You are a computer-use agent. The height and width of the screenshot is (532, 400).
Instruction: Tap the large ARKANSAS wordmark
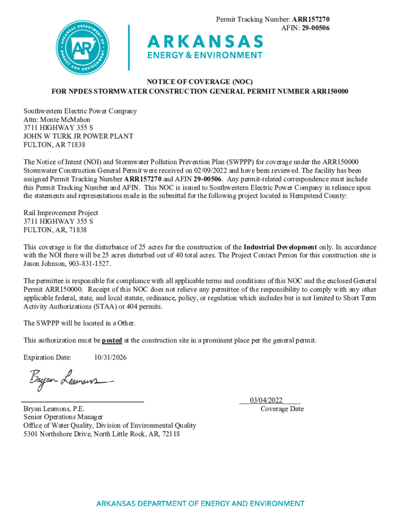coord(206,41)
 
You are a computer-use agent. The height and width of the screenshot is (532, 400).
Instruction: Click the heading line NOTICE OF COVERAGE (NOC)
coord(199,82)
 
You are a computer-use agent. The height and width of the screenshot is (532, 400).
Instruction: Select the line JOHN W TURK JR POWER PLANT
coord(78,136)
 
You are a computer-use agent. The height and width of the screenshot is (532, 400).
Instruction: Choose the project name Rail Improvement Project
coord(61,213)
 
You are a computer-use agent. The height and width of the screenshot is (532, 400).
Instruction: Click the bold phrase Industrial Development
coord(280,247)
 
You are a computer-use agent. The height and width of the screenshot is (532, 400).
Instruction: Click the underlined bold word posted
coord(112,340)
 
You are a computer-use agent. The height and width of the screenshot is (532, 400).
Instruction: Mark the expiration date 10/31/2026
coord(110,357)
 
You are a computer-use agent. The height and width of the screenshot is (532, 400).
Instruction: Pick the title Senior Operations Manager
coord(63,417)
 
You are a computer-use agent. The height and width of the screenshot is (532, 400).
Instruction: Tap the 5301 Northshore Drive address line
coord(101,434)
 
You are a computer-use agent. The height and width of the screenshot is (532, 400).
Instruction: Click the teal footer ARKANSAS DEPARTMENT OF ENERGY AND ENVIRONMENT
coord(200,503)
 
